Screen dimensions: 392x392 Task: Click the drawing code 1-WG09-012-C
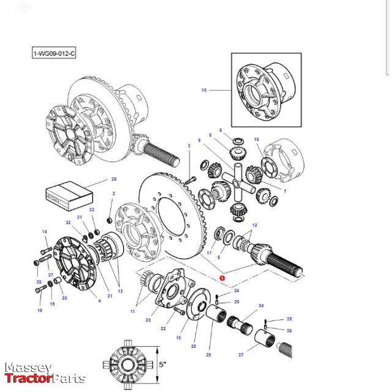tap(54, 54)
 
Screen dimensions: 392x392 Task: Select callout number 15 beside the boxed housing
tap(204, 90)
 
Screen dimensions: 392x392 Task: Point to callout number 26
tap(113, 179)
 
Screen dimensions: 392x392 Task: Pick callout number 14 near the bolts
tap(44, 232)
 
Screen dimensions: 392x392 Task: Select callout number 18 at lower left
tap(40, 311)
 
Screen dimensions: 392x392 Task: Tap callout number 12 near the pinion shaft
tap(254, 225)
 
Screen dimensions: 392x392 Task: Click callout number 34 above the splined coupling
tap(261, 305)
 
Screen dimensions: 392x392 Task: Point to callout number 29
tap(208, 356)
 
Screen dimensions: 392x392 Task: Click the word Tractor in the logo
tap(27, 379)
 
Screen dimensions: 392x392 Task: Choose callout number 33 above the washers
tap(92, 210)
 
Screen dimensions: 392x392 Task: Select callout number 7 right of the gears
tap(284, 191)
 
